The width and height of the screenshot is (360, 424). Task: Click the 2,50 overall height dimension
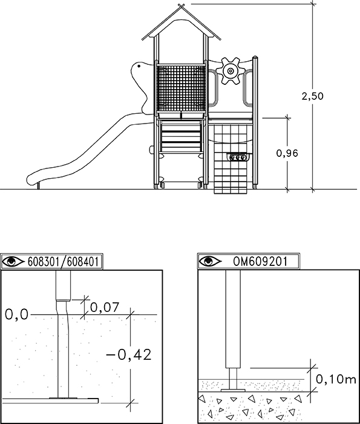[x=312, y=96]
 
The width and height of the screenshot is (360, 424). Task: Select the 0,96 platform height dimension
[x=287, y=153]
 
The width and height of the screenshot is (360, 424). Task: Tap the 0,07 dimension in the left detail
[x=105, y=308]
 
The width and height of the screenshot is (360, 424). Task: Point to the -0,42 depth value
[x=129, y=354]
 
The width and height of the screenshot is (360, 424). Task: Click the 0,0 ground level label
[x=16, y=314]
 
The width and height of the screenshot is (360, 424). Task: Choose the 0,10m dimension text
[x=336, y=379]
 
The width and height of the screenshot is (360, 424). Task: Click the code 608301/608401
[x=63, y=262]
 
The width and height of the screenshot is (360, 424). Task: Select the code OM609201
[x=260, y=262]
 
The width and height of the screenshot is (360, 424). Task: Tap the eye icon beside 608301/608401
[x=13, y=262]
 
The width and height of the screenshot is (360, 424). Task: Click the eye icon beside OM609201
[x=210, y=261]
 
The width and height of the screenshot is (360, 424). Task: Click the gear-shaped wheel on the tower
[x=231, y=71]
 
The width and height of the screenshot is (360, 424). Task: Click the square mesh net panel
[x=182, y=88]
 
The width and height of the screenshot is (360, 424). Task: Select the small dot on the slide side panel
[x=139, y=66]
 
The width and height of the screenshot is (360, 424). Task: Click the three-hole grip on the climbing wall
[x=237, y=157]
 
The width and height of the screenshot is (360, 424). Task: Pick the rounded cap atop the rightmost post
[x=255, y=58]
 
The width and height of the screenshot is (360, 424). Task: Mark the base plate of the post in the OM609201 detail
[x=233, y=390]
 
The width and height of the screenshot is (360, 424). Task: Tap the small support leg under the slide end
[x=38, y=186]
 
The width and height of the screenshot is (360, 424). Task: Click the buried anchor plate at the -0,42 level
[x=50, y=400]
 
